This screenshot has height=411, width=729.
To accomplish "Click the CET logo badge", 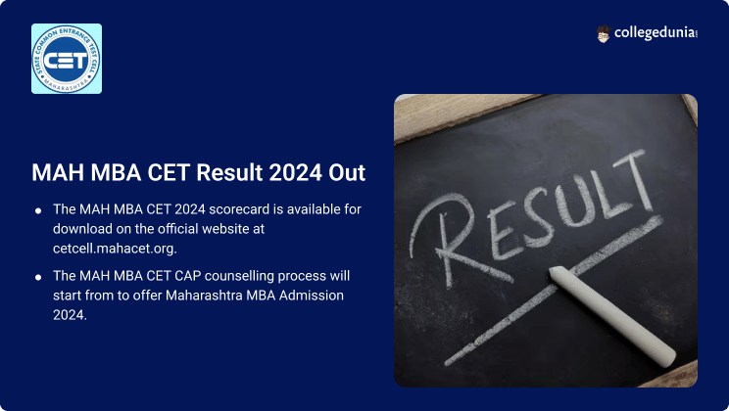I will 67,59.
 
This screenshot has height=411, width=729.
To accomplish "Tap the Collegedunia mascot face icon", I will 604,34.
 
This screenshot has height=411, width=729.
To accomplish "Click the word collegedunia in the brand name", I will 655,34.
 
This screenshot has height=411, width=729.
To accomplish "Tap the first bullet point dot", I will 38,210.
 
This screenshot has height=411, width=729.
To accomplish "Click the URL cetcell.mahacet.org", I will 115,249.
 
